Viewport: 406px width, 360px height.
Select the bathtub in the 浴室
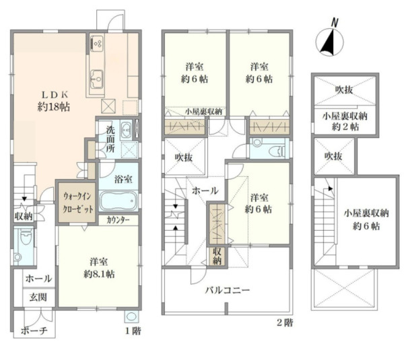(x=119, y=201)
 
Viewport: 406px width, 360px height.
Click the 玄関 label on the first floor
(x=33, y=296)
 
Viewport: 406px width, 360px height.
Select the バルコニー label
(x=228, y=291)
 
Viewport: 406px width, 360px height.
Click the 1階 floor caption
(x=132, y=331)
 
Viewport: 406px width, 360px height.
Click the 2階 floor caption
(x=285, y=322)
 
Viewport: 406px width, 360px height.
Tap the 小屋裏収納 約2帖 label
(x=341, y=120)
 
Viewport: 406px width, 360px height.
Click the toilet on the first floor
(x=24, y=240)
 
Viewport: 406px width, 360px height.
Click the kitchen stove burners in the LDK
(x=97, y=43)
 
